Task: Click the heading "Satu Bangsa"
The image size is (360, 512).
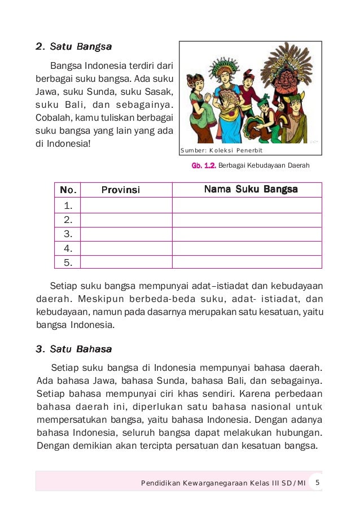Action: pyautogui.click(x=73, y=46)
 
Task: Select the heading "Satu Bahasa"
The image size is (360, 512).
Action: pyautogui.click(x=73, y=349)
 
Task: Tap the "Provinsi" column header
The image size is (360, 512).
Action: pyautogui.click(x=121, y=190)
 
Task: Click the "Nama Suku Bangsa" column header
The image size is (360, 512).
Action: pyautogui.click(x=251, y=189)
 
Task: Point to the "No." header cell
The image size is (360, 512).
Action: pyautogui.click(x=68, y=190)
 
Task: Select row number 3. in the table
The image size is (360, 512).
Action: pyautogui.click(x=68, y=234)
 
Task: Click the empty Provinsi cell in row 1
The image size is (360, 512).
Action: pyautogui.click(x=126, y=205)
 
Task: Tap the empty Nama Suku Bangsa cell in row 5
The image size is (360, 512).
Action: pyautogui.click(x=247, y=262)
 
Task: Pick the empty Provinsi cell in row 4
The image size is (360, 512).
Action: pyautogui.click(x=126, y=248)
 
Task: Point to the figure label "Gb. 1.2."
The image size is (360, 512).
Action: pyautogui.click(x=204, y=166)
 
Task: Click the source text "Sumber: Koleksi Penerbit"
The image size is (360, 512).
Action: pyautogui.click(x=222, y=151)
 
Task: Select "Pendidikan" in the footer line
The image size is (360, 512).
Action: pyautogui.click(x=160, y=483)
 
